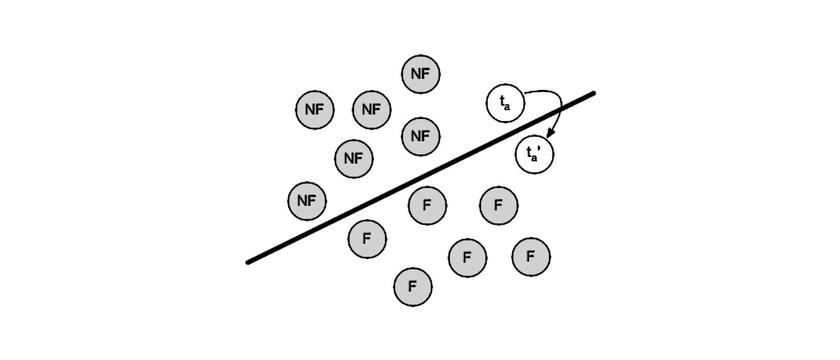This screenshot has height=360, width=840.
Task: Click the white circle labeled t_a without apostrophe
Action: point(505,103)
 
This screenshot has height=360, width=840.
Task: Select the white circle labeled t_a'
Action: point(534,154)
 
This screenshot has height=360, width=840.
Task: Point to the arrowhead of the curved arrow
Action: point(550,134)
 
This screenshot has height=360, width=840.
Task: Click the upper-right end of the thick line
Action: point(593,93)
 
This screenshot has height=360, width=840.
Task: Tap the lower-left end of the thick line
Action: point(248,263)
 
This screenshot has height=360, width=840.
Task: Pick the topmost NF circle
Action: point(421,74)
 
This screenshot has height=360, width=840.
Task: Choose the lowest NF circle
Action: point(307,201)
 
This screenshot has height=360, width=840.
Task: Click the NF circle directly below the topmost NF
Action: point(421,136)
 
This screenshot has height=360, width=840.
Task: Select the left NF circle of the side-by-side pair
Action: point(315,109)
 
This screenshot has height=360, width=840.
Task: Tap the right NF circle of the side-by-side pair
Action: point(372,109)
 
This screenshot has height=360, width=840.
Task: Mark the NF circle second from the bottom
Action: point(353,158)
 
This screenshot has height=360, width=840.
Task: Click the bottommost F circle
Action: point(412,287)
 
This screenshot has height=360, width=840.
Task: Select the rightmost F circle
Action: point(531,256)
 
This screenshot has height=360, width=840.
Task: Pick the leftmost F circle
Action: point(367,239)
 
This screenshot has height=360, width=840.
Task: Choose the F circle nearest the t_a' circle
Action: point(498,205)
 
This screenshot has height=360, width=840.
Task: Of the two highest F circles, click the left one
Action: point(427,205)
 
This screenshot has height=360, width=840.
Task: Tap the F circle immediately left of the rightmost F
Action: point(467,257)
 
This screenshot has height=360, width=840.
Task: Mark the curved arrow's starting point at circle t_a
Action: point(525,93)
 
